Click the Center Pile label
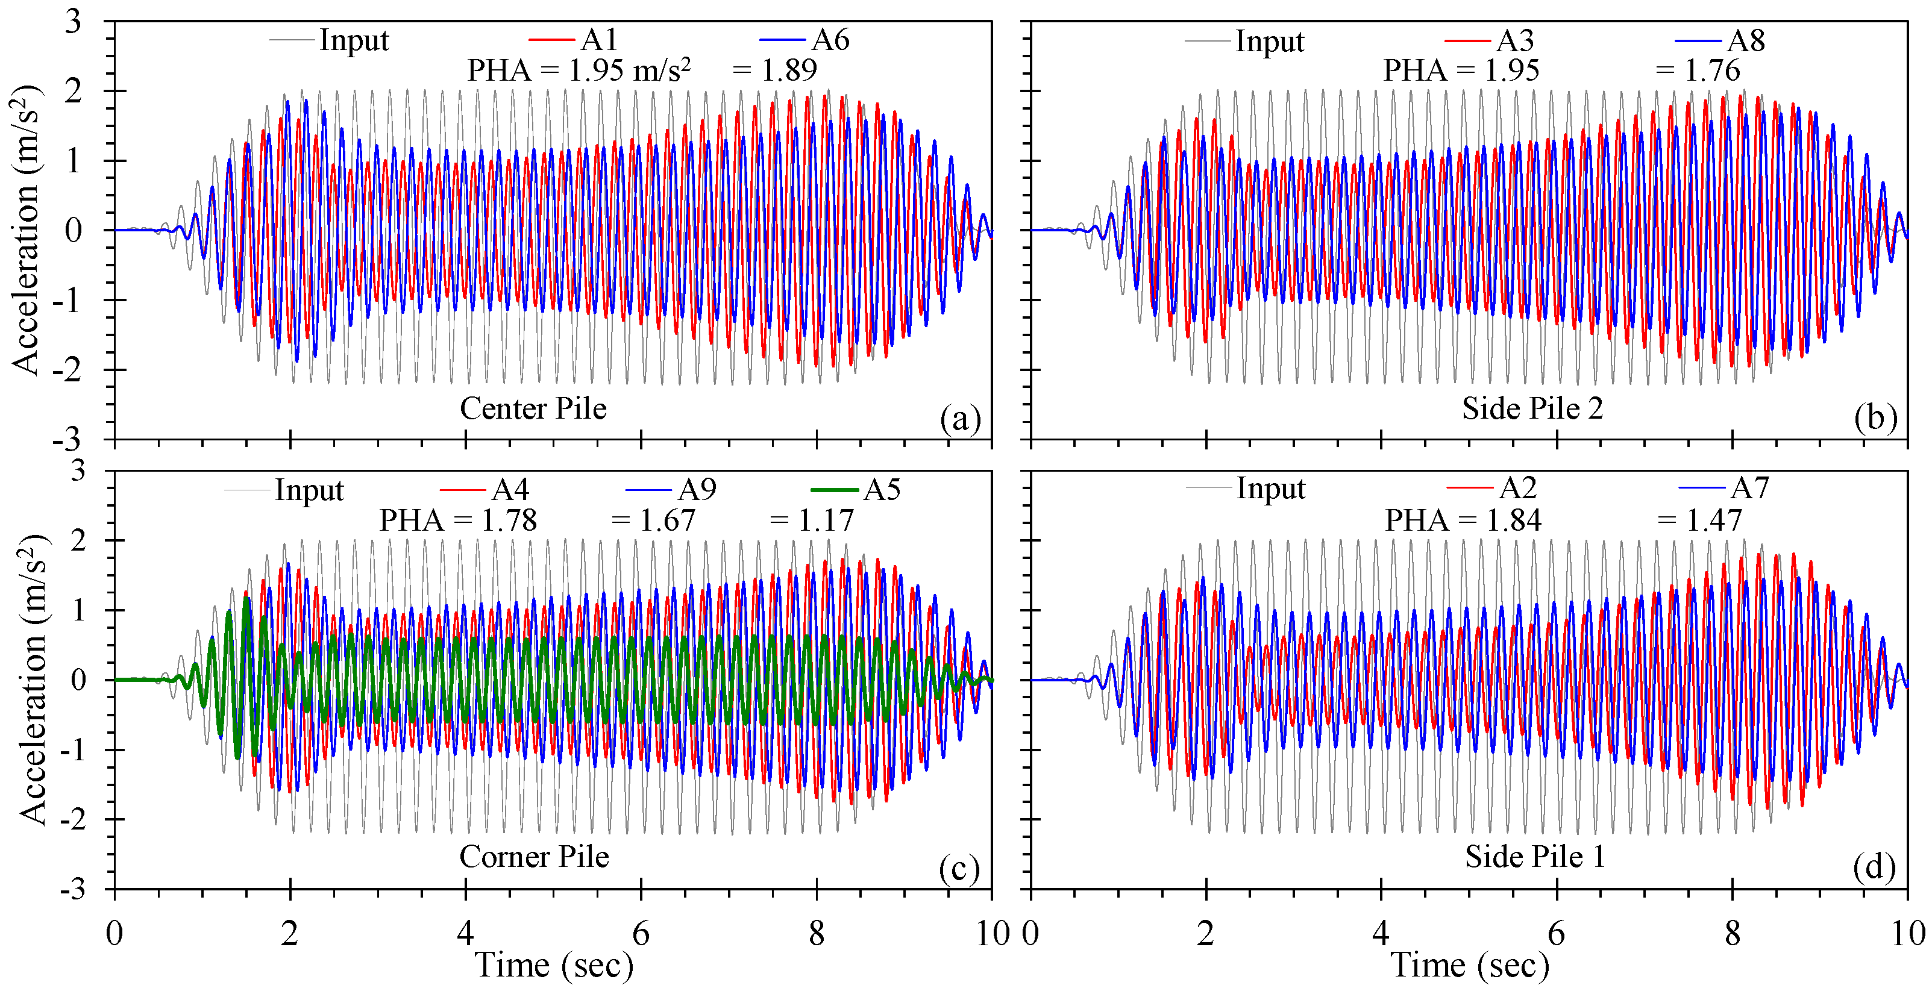pos(533,408)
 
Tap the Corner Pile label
pos(534,856)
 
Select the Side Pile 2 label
pos(1532,408)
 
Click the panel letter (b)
pos(1875,418)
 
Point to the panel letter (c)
pos(959,868)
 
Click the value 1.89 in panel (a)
pos(789,70)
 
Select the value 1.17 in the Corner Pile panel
pos(826,520)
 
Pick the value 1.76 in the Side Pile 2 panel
pos(1712,70)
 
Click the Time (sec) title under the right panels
pos(1470,964)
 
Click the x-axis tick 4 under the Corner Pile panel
pos(466,934)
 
